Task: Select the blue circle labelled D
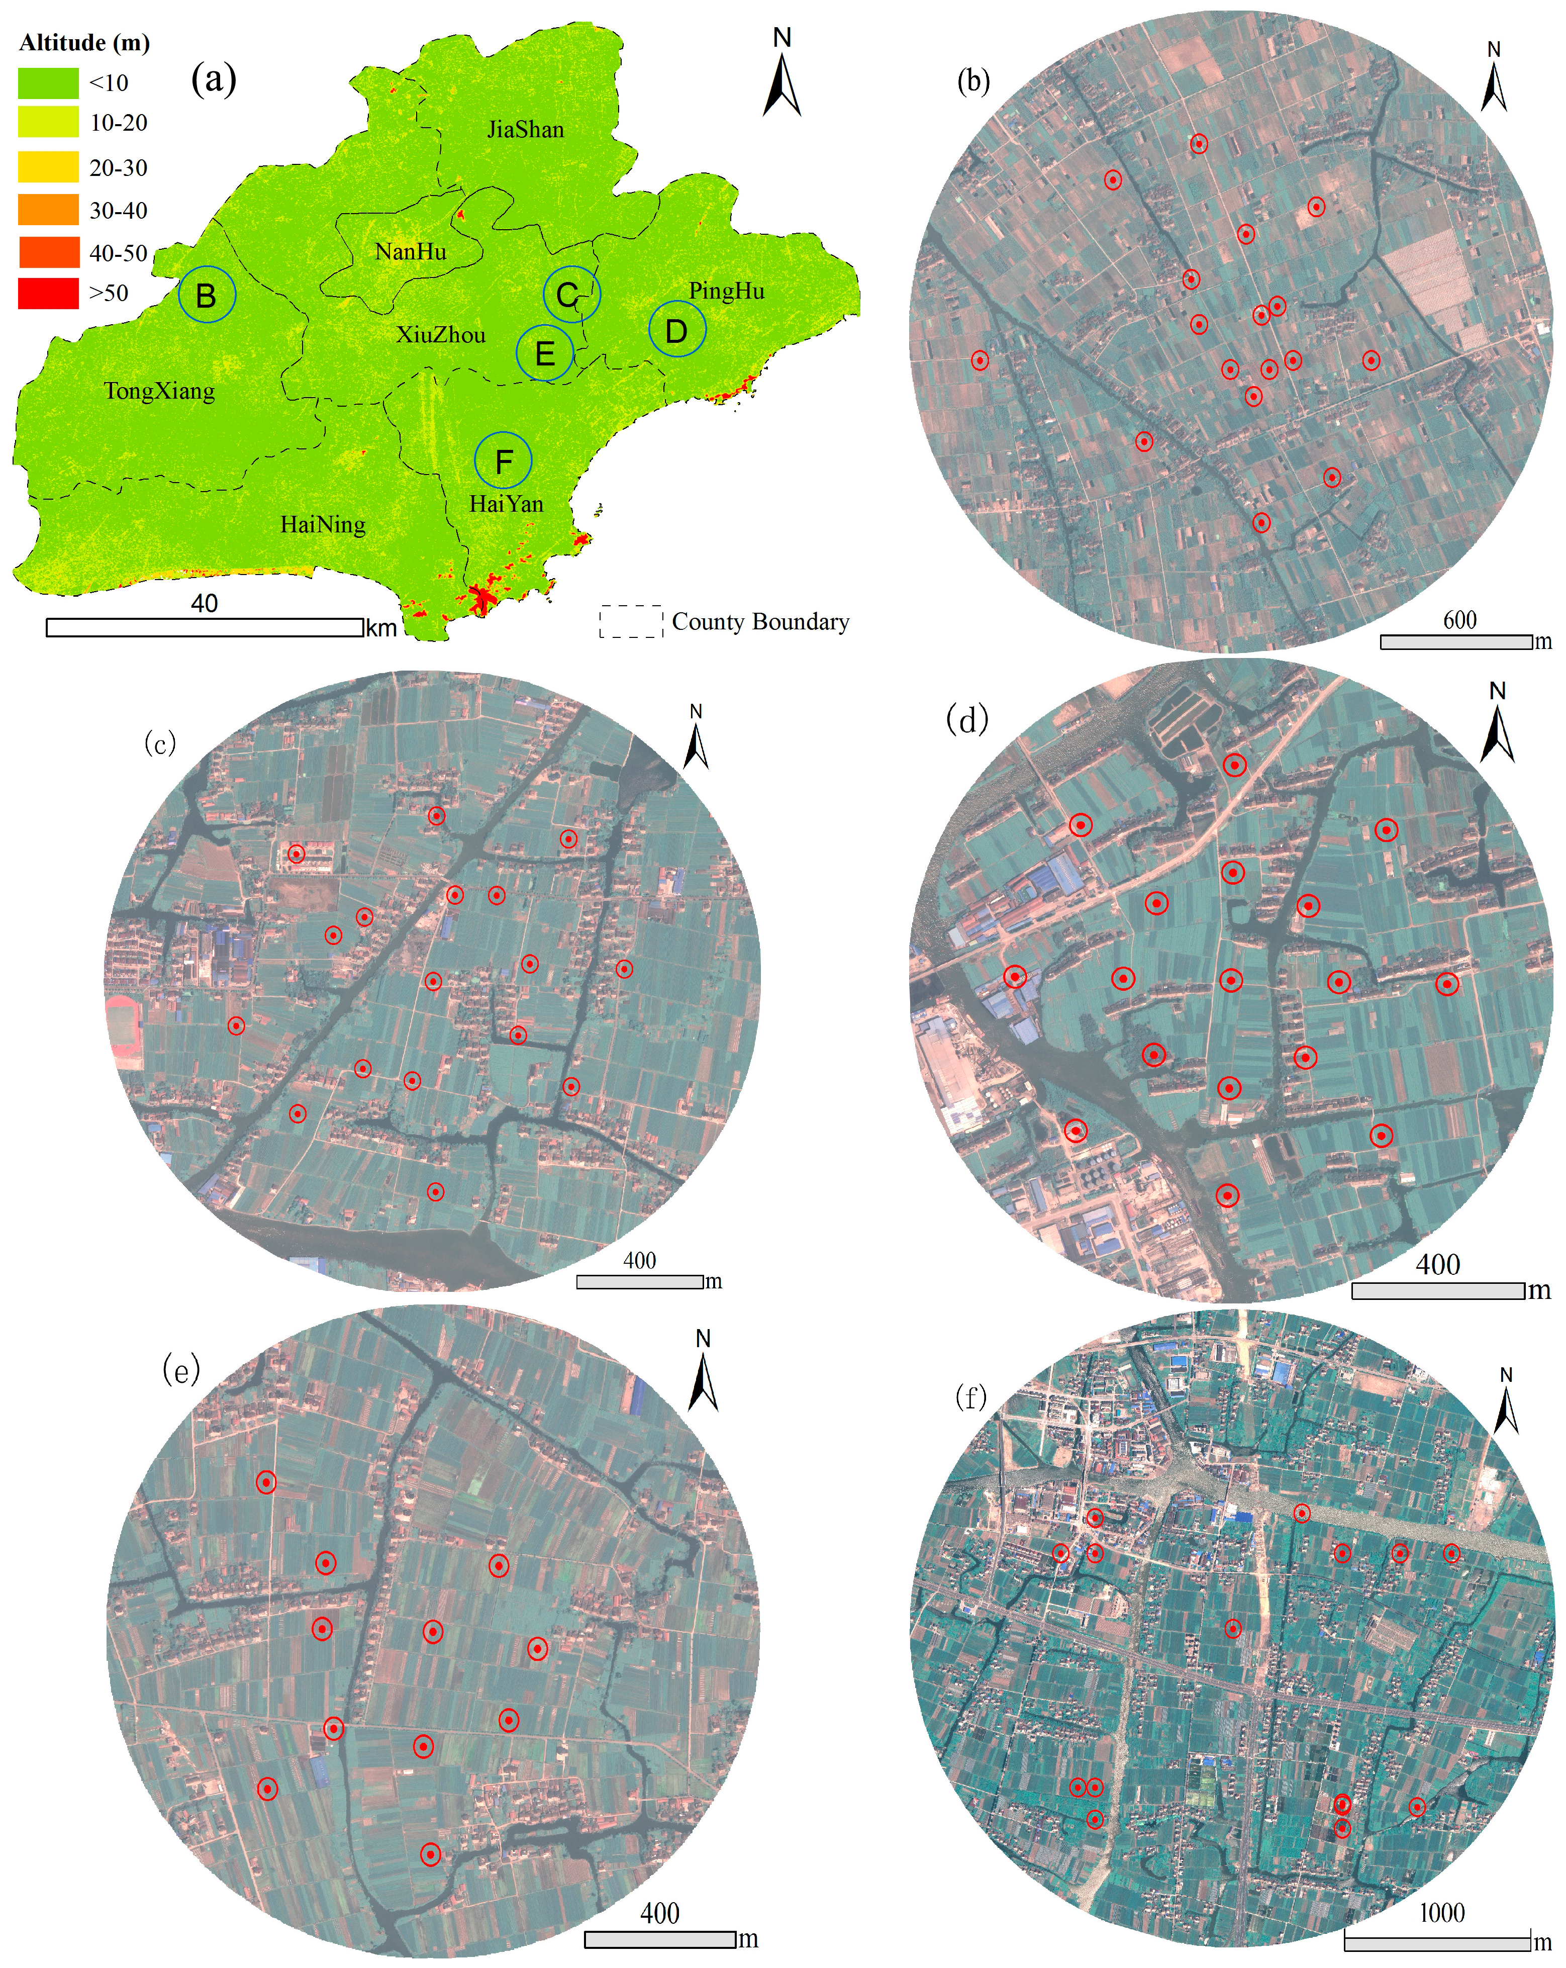pyautogui.click(x=676, y=330)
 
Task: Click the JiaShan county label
pyautogui.click(x=526, y=130)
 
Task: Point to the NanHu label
pyautogui.click(x=411, y=252)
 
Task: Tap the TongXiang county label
pyautogui.click(x=160, y=392)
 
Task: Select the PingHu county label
pyautogui.click(x=726, y=291)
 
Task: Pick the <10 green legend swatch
pyautogui.click(x=48, y=83)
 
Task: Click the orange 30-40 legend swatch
pyautogui.click(x=48, y=211)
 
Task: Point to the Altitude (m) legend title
pyautogui.click(x=84, y=43)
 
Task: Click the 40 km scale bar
pyautogui.click(x=205, y=627)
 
